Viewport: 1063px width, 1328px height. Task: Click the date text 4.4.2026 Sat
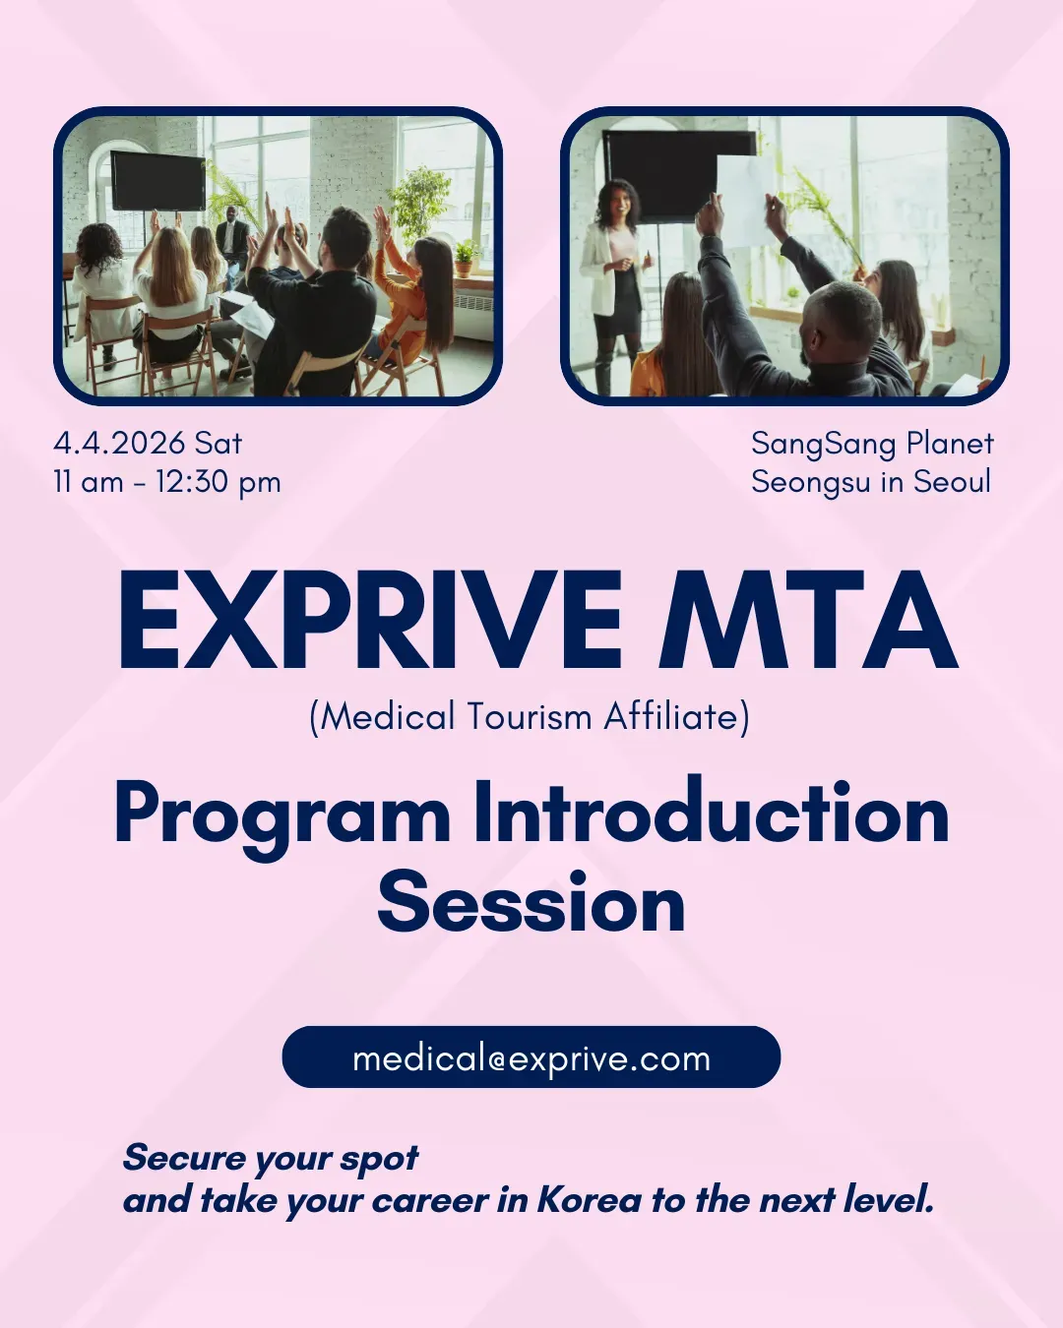[148, 444]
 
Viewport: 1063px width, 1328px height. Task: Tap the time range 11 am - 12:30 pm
[167, 482]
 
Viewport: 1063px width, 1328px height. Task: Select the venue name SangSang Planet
[872, 444]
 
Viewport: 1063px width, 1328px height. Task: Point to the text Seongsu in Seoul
[871, 482]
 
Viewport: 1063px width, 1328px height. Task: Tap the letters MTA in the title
[808, 622]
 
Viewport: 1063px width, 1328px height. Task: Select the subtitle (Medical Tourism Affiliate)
[530, 717]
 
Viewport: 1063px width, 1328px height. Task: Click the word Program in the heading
[282, 815]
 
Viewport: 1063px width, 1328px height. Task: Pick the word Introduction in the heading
[711, 814]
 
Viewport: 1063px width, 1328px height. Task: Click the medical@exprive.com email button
[531, 1057]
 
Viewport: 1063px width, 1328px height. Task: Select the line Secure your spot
[271, 1159]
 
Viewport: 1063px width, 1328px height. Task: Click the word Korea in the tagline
[589, 1200]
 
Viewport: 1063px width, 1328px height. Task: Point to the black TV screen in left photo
[157, 180]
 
